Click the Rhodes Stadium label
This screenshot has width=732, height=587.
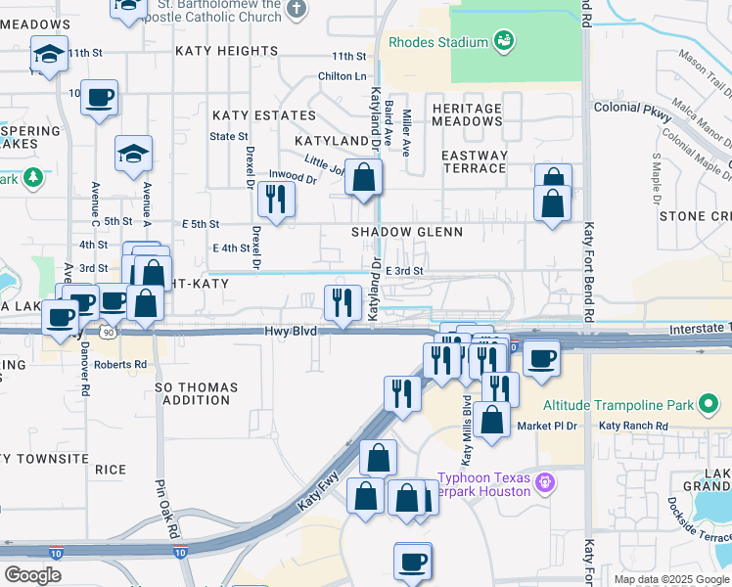[x=437, y=42]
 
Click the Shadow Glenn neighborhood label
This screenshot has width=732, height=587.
[x=407, y=232]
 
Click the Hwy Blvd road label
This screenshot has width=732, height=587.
[x=291, y=332]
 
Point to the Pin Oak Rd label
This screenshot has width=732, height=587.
[x=165, y=508]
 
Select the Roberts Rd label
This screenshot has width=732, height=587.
[x=121, y=364]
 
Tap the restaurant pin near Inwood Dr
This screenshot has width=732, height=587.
[x=276, y=200]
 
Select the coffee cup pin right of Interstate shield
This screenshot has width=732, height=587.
[x=540, y=358]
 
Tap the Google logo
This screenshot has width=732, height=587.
[x=32, y=575]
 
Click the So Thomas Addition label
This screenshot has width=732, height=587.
[x=196, y=393]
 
